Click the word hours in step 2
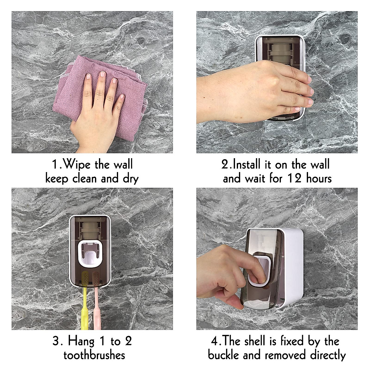(319, 179)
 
